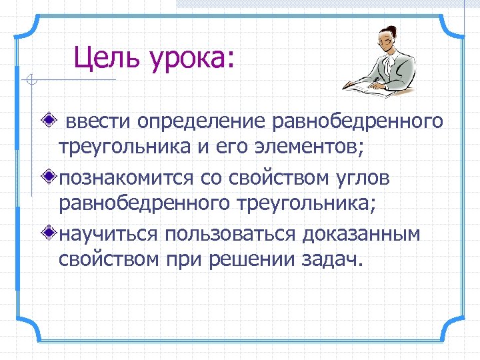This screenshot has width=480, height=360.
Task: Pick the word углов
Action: (x=365, y=179)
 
